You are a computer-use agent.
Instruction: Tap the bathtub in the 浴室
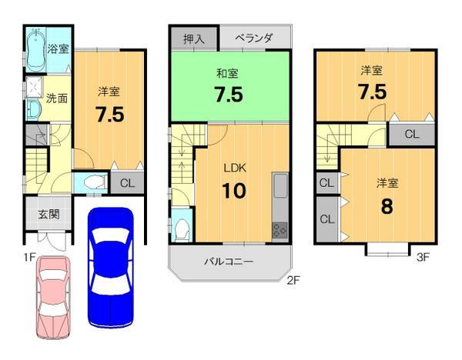tap(35, 47)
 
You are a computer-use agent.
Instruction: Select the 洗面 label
tap(56, 98)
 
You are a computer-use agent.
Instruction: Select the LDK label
tap(234, 167)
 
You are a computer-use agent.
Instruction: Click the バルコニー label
tap(229, 262)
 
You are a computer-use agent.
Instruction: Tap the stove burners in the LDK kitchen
tap(279, 230)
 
